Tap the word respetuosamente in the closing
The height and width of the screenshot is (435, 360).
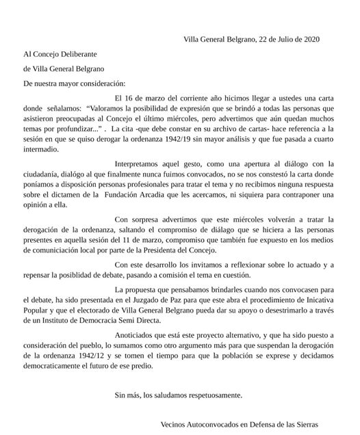click(209, 395)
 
